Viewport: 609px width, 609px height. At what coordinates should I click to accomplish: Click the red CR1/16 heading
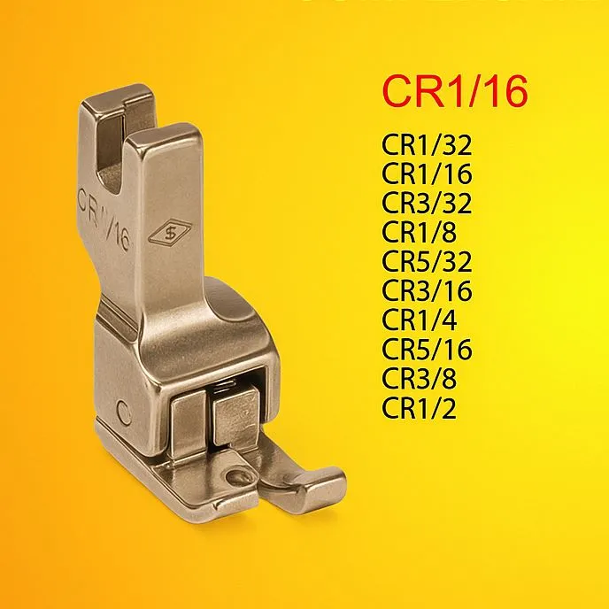[x=455, y=91]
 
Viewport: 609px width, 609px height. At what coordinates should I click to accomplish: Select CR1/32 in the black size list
[x=427, y=145]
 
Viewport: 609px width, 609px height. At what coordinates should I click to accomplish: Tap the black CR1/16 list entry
[x=427, y=173]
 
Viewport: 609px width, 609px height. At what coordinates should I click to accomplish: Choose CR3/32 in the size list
[x=427, y=203]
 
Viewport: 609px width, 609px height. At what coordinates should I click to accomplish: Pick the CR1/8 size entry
[x=419, y=232]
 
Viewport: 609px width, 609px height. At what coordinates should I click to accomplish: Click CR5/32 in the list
[x=427, y=261]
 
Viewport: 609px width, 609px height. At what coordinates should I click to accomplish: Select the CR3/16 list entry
[x=427, y=290]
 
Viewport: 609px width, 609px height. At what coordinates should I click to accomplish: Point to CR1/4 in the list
[x=419, y=320]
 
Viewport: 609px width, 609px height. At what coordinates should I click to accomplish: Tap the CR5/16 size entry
[x=427, y=349]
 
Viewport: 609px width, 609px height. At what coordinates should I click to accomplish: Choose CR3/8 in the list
[x=419, y=378]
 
